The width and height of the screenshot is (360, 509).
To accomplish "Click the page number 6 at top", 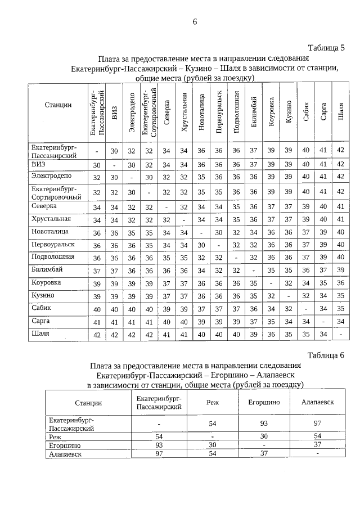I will coord(195,22).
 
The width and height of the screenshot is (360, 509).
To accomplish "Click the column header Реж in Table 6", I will coord(213,403).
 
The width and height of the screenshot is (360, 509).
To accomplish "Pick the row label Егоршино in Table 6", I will coord(64,444).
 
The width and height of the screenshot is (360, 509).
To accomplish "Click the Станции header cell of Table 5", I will coord(58,105).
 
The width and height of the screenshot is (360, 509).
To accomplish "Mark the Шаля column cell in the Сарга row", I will coord(340,321).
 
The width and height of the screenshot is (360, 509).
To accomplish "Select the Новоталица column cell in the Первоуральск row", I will coord(201,245).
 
